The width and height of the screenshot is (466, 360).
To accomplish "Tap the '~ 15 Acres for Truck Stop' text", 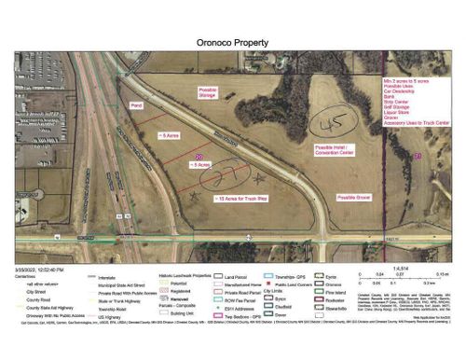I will coord(242,199).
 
